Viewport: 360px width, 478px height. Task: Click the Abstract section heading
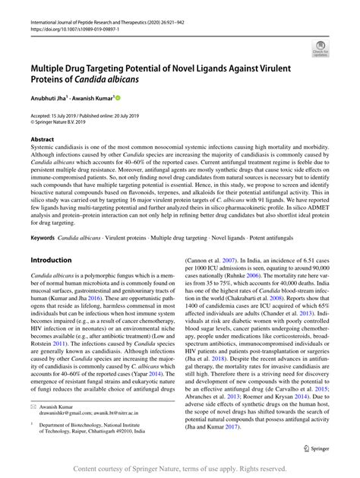(x=42, y=140)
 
